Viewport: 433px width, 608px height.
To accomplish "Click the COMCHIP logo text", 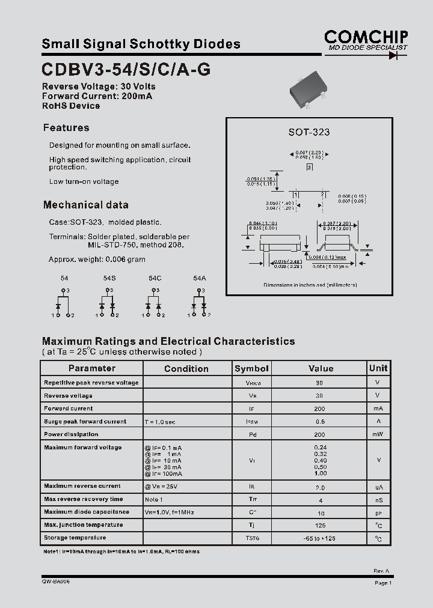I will (x=366, y=35).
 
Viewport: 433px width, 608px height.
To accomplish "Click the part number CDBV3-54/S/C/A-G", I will (x=126, y=70).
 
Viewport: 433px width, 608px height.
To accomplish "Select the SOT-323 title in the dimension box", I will (x=309, y=132).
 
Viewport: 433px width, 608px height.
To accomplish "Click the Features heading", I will (x=66, y=127).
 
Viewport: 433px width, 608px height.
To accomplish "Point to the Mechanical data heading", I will (x=85, y=204).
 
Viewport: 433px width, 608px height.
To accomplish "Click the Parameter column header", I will (x=91, y=368).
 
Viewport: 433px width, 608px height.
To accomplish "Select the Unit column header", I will (x=378, y=368).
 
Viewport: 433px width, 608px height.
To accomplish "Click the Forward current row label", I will (x=69, y=409).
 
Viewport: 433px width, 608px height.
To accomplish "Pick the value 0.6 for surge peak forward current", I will (x=319, y=421).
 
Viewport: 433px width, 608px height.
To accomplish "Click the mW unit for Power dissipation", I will (x=378, y=434).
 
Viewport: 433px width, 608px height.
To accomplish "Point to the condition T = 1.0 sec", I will (x=160, y=422).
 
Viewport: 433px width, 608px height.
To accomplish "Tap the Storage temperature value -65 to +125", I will (x=319, y=538).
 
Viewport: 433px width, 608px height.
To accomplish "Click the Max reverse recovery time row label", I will (x=83, y=499).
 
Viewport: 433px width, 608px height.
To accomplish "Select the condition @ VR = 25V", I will (x=161, y=486).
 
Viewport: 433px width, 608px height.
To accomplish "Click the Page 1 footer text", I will (x=382, y=583).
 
